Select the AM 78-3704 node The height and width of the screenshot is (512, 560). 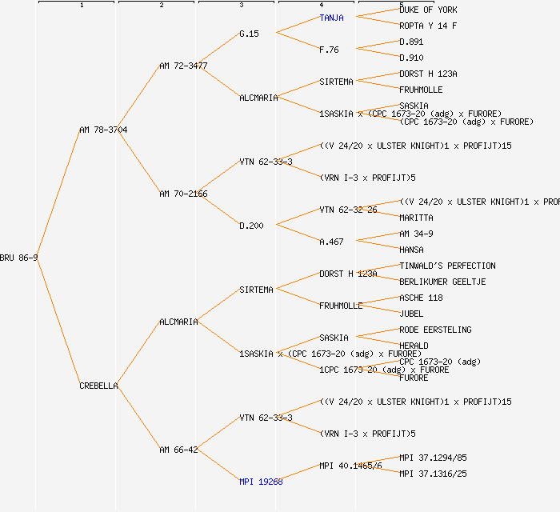(x=103, y=130)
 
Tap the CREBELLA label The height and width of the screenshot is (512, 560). (x=99, y=386)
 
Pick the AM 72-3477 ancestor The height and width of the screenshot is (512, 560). (x=183, y=66)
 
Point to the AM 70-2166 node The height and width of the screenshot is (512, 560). (x=183, y=194)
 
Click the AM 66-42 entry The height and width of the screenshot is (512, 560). (x=178, y=450)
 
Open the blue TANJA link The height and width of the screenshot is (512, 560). (x=333, y=18)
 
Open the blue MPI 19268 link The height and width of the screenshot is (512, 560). (x=261, y=482)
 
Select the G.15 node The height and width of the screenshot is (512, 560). (x=250, y=34)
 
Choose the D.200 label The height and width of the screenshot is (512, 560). (x=251, y=226)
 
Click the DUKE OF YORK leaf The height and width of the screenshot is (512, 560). (x=428, y=10)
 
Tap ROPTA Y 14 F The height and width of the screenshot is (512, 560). (x=428, y=26)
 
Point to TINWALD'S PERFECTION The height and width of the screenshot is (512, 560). (x=447, y=266)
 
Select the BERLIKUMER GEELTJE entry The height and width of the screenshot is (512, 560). (x=442, y=282)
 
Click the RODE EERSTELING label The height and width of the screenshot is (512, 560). (x=435, y=330)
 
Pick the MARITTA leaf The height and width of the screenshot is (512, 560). (x=416, y=218)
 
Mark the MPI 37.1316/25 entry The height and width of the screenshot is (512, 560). (x=433, y=474)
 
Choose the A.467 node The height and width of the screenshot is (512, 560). (x=331, y=242)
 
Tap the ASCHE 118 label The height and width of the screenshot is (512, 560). (x=421, y=298)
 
